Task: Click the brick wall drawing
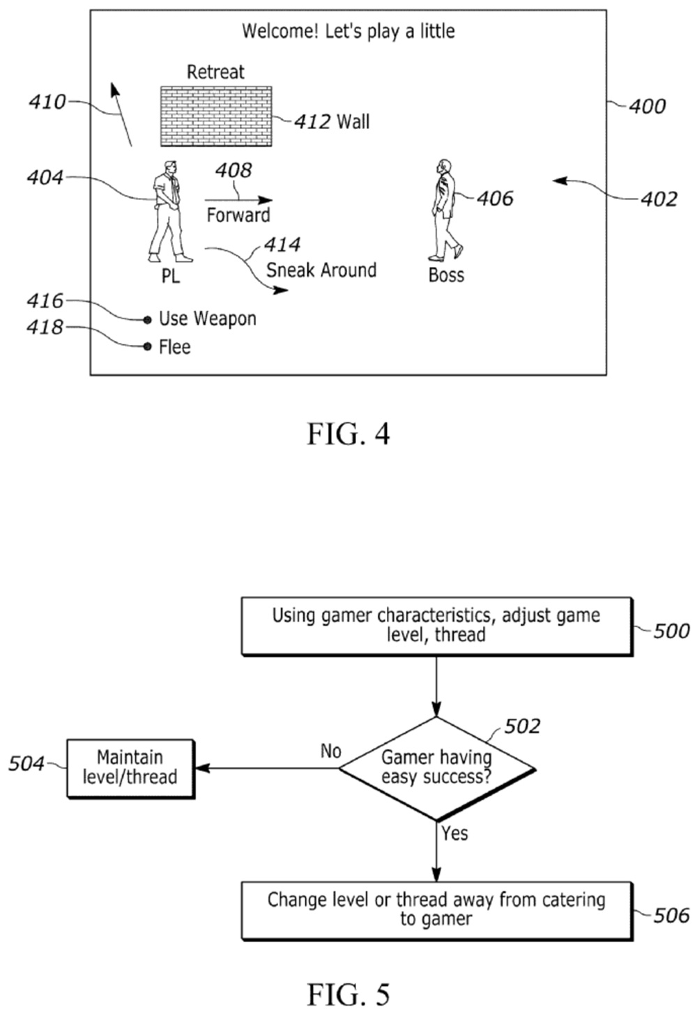[x=216, y=116]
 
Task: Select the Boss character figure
[x=445, y=209]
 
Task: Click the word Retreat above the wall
[x=215, y=72]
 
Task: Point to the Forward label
[x=238, y=215]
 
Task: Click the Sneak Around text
[x=321, y=270]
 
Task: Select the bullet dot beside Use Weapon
[x=147, y=320]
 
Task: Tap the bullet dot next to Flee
[x=147, y=346]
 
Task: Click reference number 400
[x=647, y=107]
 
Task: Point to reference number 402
[x=659, y=199]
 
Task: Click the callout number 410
[x=47, y=102]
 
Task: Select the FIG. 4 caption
[x=348, y=434]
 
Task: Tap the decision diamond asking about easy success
[x=437, y=768]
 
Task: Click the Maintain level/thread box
[x=130, y=768]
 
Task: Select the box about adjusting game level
[x=436, y=626]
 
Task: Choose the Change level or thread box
[x=436, y=909]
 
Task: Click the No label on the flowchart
[x=331, y=751]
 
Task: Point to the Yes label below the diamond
[x=454, y=833]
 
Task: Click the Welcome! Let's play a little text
[x=348, y=31]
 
